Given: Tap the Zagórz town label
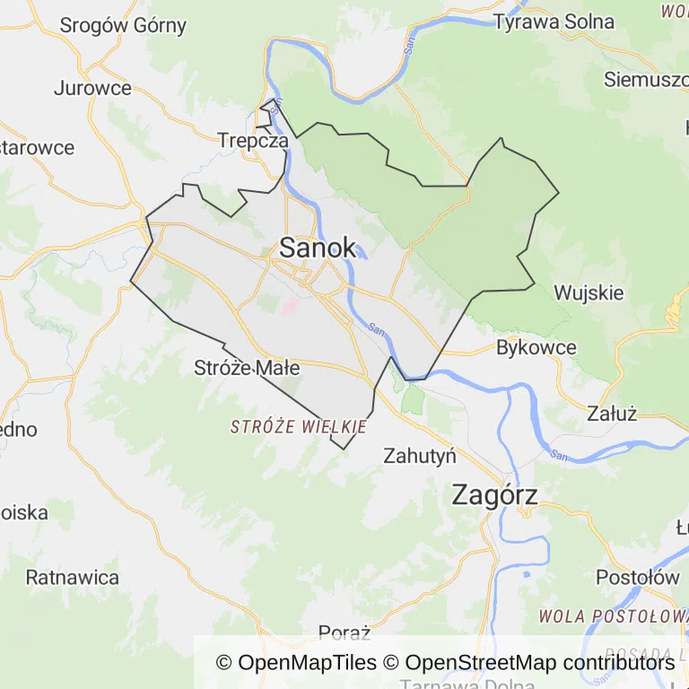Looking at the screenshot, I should [x=495, y=494].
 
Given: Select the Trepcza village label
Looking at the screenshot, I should [x=253, y=141].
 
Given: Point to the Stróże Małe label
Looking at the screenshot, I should [x=247, y=368].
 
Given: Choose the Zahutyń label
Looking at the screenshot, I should [x=420, y=455].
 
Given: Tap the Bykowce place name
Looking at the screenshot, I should [x=536, y=347].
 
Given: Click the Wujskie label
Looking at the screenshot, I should [x=589, y=292].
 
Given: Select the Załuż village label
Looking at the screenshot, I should [x=612, y=414].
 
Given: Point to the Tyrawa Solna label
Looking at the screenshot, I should [x=566, y=22].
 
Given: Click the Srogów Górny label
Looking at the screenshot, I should [x=123, y=25].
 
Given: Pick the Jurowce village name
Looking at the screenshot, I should [x=92, y=88].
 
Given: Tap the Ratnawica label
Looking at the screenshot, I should [x=72, y=577].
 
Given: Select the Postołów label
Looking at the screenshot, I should [x=638, y=577].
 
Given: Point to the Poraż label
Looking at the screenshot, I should [x=344, y=633].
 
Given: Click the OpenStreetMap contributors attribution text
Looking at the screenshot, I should [x=539, y=663].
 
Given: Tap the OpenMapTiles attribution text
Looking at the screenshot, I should [x=296, y=663].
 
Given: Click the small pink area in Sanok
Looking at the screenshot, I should [x=289, y=306].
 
